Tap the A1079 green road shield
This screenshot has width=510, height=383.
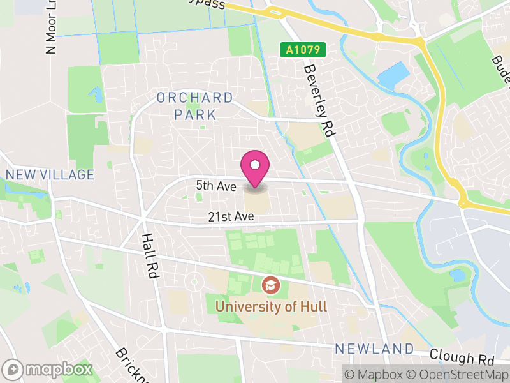303,49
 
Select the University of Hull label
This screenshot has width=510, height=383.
272,306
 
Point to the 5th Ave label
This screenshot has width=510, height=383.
216,186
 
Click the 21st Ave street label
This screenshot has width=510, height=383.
231,217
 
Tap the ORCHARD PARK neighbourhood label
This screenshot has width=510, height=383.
195,107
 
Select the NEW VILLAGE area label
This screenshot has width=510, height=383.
50,175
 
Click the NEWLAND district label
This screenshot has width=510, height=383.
375,349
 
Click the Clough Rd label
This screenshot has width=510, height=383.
462,356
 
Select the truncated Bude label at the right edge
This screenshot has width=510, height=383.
498,61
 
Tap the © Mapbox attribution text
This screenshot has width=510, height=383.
378,373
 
